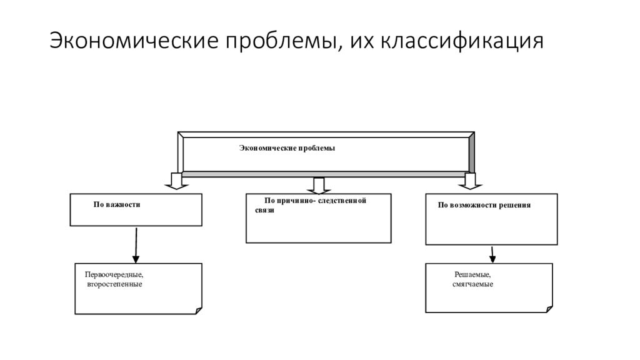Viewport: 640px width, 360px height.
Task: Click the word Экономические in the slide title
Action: (x=134, y=41)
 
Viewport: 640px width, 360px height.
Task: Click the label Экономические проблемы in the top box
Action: (x=287, y=148)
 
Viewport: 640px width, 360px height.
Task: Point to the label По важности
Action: (x=117, y=204)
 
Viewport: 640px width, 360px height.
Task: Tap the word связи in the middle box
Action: (x=264, y=211)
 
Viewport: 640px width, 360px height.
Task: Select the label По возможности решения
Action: (x=484, y=205)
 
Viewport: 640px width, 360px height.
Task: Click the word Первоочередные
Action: (x=114, y=275)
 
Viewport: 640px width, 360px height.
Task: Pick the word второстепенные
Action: (x=114, y=284)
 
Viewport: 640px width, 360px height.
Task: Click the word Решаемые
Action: (x=472, y=275)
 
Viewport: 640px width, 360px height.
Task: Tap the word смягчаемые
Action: (x=472, y=284)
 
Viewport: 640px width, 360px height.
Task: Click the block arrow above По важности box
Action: (x=176, y=181)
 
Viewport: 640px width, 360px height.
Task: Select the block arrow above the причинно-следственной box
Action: (x=319, y=186)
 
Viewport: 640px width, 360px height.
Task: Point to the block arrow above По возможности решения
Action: (x=470, y=181)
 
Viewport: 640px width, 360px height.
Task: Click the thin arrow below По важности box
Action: (x=136, y=245)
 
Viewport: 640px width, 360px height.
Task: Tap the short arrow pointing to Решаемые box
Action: (x=492, y=254)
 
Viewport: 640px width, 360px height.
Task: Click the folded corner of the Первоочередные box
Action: (x=199, y=311)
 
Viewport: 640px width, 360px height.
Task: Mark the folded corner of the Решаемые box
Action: (x=549, y=309)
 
